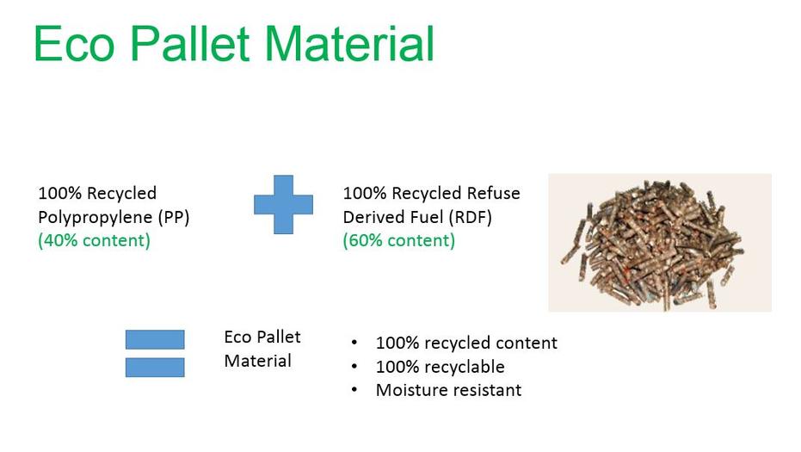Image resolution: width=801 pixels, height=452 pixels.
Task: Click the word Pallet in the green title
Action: [x=190, y=43]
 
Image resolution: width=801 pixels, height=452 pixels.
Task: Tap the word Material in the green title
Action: [x=349, y=43]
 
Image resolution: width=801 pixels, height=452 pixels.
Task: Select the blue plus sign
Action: [x=284, y=205]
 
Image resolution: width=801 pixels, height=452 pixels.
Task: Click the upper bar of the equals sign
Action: [x=155, y=339]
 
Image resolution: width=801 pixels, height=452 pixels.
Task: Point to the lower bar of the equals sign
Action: [x=155, y=367]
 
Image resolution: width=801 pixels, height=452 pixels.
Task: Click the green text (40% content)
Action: [x=94, y=240]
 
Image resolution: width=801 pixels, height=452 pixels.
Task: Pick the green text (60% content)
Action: [x=399, y=240]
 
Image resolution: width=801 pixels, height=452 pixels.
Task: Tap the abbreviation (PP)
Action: [x=174, y=217]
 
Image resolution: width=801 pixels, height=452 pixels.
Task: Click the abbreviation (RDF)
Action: [x=470, y=217]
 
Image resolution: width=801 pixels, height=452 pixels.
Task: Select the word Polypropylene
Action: [x=95, y=218]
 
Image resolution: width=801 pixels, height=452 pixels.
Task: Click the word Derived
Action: [x=368, y=217]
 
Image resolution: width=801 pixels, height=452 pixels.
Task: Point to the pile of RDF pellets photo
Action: [x=660, y=243]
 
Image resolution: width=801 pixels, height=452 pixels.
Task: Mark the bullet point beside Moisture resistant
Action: [x=354, y=390]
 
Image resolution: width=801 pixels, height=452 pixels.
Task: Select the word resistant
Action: [x=485, y=391]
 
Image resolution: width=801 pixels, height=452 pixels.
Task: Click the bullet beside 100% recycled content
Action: [x=354, y=343]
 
